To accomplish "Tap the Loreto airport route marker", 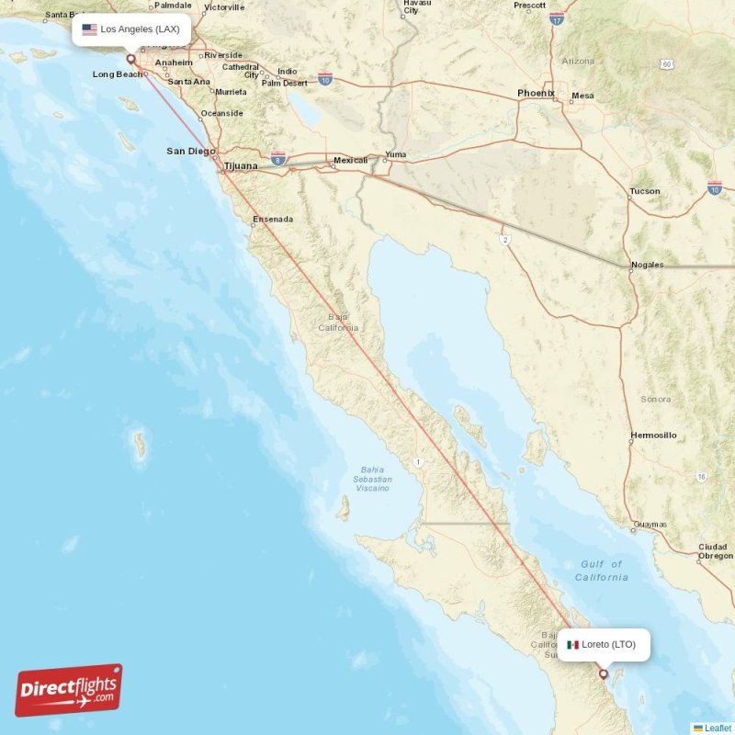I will coord(604,674).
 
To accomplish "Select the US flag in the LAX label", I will coord(89,29).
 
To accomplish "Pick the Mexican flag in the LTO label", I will coord(573,644).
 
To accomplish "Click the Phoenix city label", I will coord(536,93).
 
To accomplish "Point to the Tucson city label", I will coord(644,191).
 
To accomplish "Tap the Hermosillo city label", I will coord(653,435).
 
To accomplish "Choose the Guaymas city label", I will coord(650,525).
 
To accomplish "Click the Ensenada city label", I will coord(274,219).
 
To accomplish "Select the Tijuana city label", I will coord(241,166).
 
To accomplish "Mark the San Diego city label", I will coord(190,151).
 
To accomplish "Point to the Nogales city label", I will coord(647,265).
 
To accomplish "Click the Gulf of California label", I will coord(602,571).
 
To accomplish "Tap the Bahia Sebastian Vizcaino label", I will coord(372,479).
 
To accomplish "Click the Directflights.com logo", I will coord(69,690).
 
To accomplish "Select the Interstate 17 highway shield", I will coord(557,17).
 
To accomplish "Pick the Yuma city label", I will coord(395,154).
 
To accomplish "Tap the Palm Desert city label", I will coord(284,83).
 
